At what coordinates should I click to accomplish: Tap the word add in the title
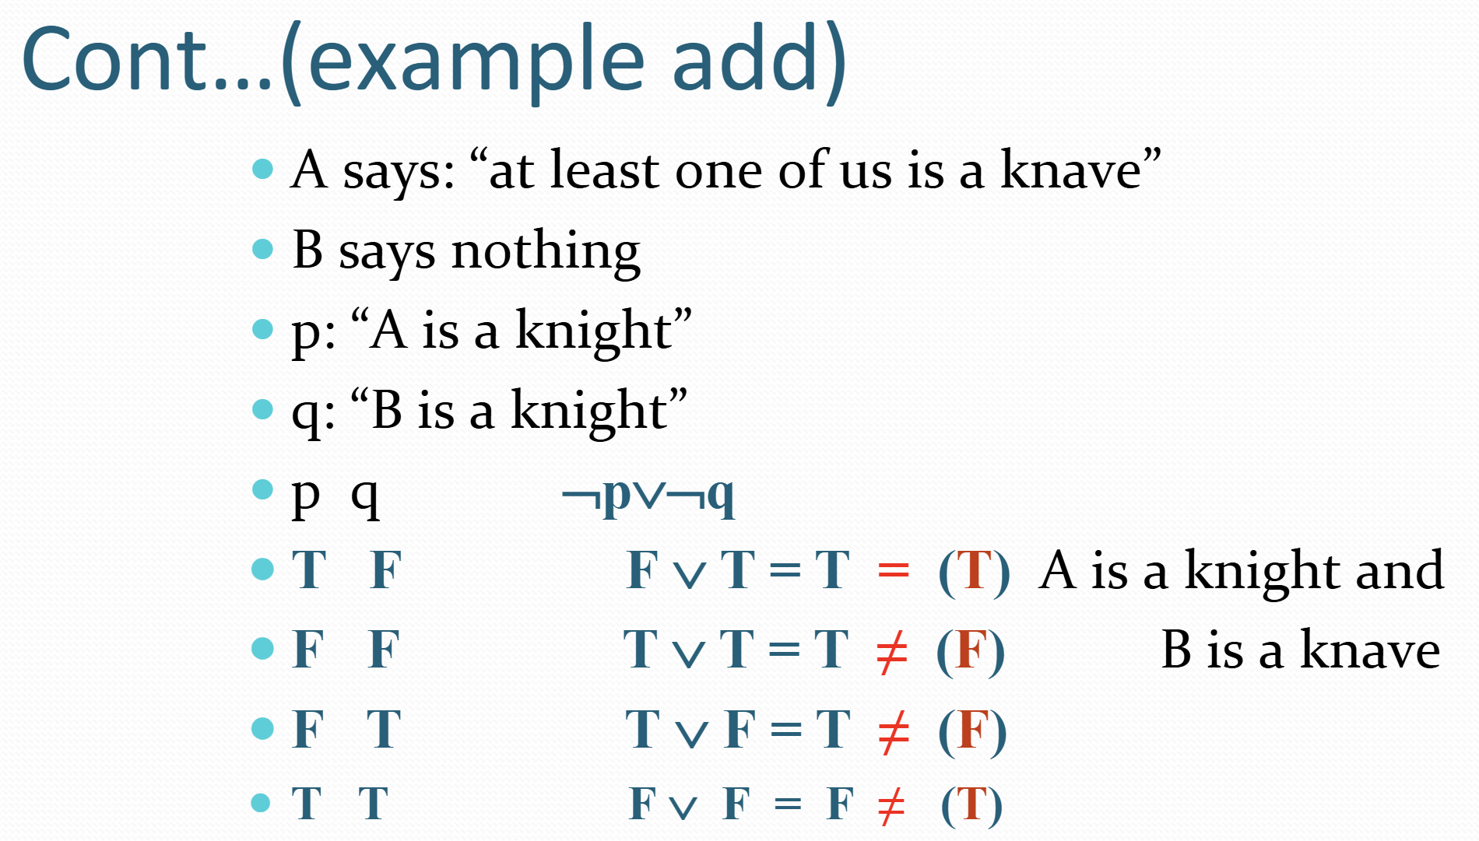pos(747,59)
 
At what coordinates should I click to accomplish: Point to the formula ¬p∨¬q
pos(648,496)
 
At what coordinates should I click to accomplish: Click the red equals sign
pos(893,571)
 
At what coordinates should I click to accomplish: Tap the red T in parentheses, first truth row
pos(974,571)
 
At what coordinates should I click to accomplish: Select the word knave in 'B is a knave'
pos(1370,650)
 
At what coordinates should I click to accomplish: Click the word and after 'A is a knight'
pos(1400,569)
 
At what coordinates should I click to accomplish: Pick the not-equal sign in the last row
pos(891,806)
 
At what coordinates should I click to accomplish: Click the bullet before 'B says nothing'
pos(263,249)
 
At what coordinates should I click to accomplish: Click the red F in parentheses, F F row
pos(971,651)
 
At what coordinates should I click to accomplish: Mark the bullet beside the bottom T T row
pos(262,803)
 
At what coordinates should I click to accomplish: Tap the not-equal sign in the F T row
pos(893,732)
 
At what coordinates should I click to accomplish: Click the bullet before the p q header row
pos(263,489)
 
